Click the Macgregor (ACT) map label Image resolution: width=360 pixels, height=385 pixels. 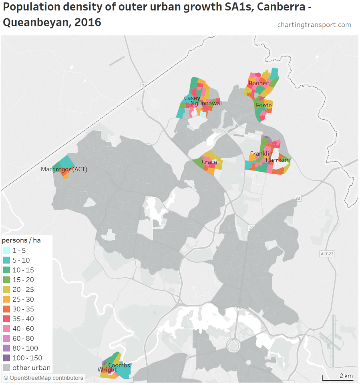pos(64,170)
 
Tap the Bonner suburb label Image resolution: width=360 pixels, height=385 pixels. pos(258,84)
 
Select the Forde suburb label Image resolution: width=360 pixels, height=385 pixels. pos(263,106)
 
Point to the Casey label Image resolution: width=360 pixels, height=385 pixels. pos(192,98)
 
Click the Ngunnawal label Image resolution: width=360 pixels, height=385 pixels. pos(206,103)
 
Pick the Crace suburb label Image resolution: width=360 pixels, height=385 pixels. pos(209,162)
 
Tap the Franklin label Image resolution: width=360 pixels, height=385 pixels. pos(261,154)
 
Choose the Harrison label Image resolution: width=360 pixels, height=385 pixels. pos(277,160)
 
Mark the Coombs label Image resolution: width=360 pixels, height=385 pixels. pos(119,365)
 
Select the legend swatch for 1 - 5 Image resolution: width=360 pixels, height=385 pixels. pos(6,251)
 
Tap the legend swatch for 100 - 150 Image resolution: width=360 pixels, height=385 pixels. pos(6,358)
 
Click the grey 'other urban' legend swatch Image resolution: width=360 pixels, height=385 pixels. pos(6,368)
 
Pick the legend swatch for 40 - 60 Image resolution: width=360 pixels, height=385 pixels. pos(6,329)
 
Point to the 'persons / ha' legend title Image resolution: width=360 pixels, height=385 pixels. pos(21,241)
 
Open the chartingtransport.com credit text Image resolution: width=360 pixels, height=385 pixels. pos(314,25)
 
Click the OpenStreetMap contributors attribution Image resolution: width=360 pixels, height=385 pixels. pos(43,378)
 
